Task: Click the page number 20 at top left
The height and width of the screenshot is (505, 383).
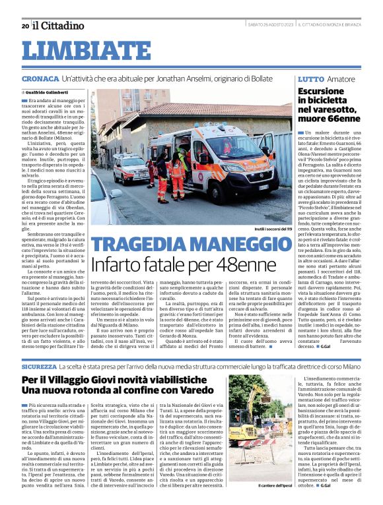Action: click(25, 26)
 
